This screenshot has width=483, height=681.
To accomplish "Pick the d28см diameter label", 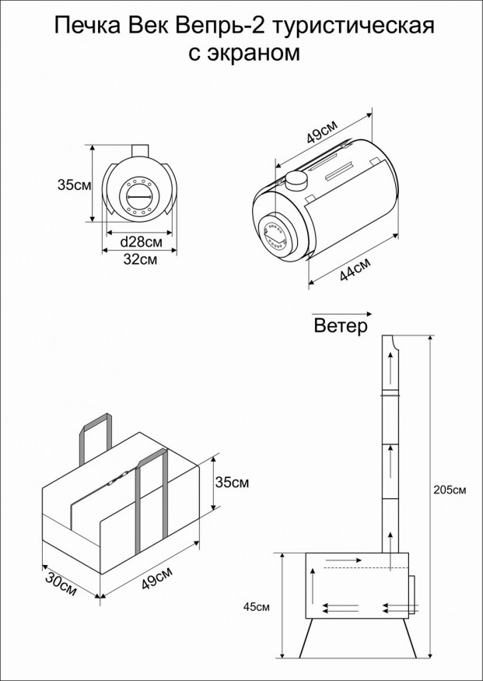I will pos(141,242).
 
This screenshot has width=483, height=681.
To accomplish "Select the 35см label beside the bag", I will pos(231,483).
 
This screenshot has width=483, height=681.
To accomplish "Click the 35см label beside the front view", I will pos(75,185).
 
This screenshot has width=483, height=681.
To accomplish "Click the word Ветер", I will pos(340,327).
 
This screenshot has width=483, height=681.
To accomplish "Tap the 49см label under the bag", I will pos(157,581).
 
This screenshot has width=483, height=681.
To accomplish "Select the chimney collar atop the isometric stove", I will pos(296,181).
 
